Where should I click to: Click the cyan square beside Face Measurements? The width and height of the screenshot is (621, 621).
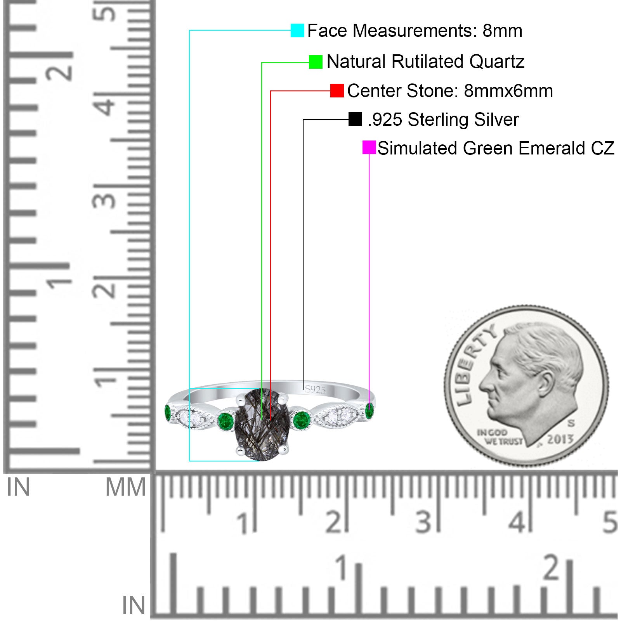point(297,30)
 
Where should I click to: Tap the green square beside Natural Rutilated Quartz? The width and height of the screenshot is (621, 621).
point(316,62)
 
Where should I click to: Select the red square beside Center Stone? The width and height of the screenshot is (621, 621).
point(337,90)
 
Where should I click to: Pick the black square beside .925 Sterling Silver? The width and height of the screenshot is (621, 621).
point(355,119)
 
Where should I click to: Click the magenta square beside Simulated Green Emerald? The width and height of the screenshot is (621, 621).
point(369,147)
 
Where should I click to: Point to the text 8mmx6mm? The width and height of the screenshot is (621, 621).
point(508,91)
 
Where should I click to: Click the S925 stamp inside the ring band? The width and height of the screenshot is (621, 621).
point(315,390)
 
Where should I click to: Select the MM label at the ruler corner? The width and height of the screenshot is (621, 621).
point(126,487)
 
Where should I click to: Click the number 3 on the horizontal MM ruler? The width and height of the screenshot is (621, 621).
point(423,522)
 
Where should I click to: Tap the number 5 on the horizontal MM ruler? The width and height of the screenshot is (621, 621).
point(610,522)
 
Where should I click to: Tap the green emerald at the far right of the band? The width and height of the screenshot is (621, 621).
point(369,411)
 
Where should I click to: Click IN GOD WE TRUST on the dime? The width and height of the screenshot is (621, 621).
point(500,437)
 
